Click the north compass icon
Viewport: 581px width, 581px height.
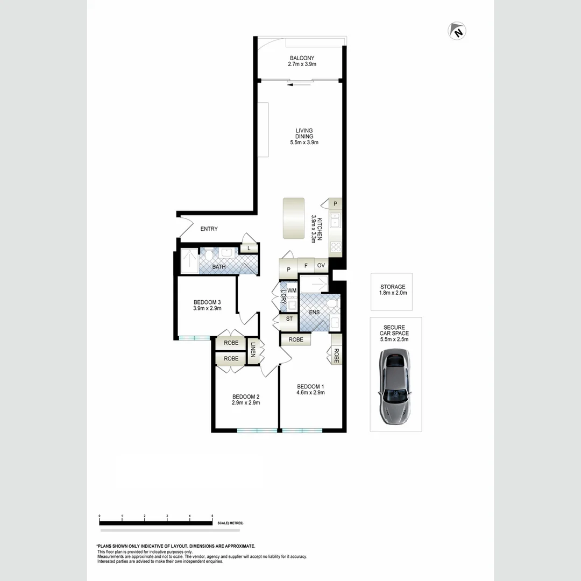[457, 31]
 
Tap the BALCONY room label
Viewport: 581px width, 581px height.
[302, 58]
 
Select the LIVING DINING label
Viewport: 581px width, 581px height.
[304, 133]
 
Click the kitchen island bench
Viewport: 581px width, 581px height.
[294, 218]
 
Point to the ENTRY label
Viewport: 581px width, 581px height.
[209, 229]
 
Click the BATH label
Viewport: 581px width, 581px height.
[219, 267]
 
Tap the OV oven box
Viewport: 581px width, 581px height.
[321, 265]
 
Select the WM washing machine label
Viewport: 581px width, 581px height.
[292, 290]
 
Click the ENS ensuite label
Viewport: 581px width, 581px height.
[314, 312]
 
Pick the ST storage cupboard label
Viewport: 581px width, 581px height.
[289, 319]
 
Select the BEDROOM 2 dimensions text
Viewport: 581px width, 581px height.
[246, 402]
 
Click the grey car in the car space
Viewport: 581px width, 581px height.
[395, 385]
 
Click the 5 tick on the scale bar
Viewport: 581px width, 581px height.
[212, 516]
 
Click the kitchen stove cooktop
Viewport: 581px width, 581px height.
[336, 246]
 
